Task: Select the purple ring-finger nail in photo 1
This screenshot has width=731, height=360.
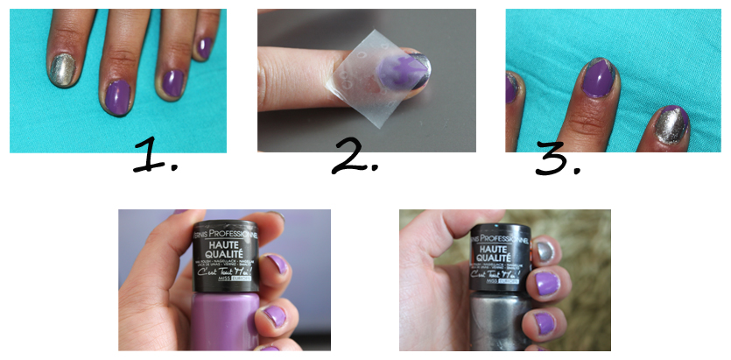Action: pos(171,81)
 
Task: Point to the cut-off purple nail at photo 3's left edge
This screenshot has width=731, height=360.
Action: pos(510,88)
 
